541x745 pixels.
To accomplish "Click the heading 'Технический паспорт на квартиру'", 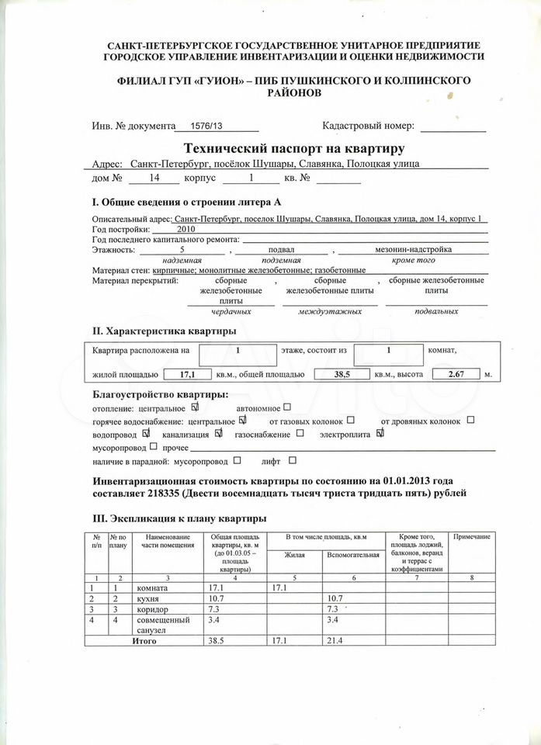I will pyautogui.click(x=293, y=147).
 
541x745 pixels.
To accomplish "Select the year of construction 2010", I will pyautogui.click(x=186, y=230).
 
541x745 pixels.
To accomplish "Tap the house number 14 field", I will pyautogui.click(x=154, y=178).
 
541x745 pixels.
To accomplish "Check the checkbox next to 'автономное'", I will pyautogui.click(x=287, y=406).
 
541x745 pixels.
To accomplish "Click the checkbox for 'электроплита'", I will pyautogui.click(x=380, y=433).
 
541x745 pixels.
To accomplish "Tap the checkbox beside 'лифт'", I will pyautogui.click(x=292, y=459).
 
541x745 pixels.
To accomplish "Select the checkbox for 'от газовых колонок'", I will pyautogui.click(x=351, y=420).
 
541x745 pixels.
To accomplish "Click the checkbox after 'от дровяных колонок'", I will pyautogui.click(x=470, y=420).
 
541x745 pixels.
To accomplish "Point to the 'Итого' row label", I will pyautogui.click(x=144, y=641).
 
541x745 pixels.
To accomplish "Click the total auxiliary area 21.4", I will pyautogui.click(x=335, y=641).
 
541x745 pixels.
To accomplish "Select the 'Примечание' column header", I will pyautogui.click(x=472, y=537).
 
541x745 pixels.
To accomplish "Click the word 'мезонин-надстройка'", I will pyautogui.click(x=414, y=250).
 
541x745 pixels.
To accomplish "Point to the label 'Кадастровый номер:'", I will pyautogui.click(x=368, y=126).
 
